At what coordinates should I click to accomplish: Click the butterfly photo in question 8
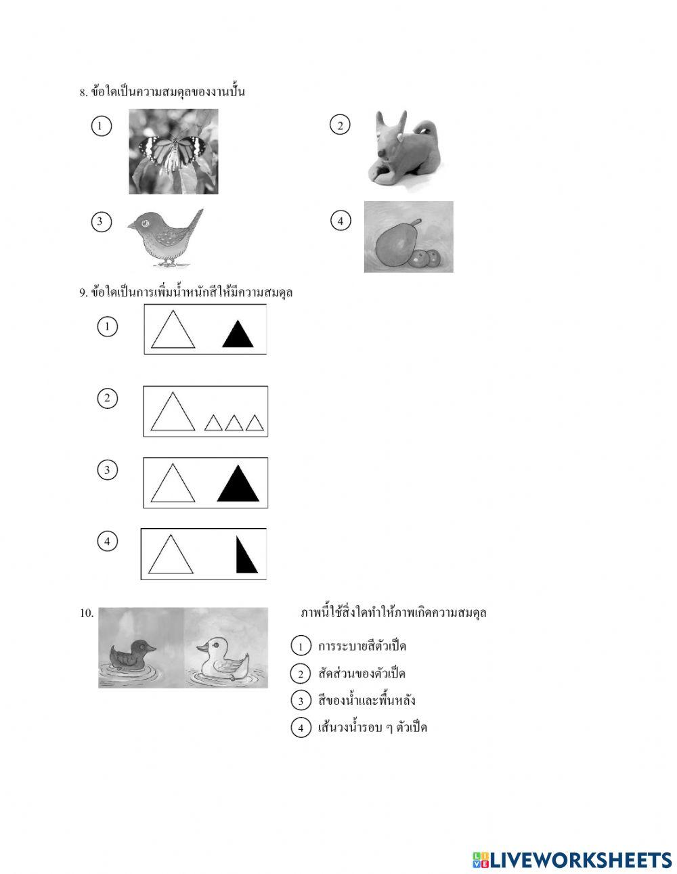tap(173, 152)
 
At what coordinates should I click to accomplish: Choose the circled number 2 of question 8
tap(340, 125)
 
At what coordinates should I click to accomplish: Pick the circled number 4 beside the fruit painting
tap(341, 221)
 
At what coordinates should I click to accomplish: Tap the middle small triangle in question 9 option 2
tap(234, 423)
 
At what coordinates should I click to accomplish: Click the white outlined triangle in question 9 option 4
tap(171, 556)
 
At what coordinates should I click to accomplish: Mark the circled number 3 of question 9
tap(107, 470)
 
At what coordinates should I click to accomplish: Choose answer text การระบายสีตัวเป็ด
tap(362, 646)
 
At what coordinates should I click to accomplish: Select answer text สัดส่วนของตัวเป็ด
tap(362, 674)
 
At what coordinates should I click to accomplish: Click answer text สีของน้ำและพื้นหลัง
tap(366, 700)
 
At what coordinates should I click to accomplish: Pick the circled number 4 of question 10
tap(301, 728)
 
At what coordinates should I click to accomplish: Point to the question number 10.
tap(87, 613)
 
